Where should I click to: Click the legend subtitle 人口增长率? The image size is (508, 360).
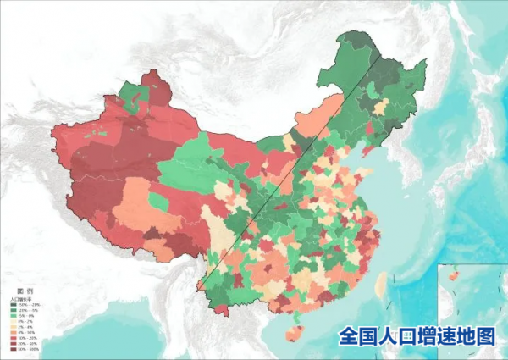[x=19, y=299]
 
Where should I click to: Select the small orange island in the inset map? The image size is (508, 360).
[x=452, y=277]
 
